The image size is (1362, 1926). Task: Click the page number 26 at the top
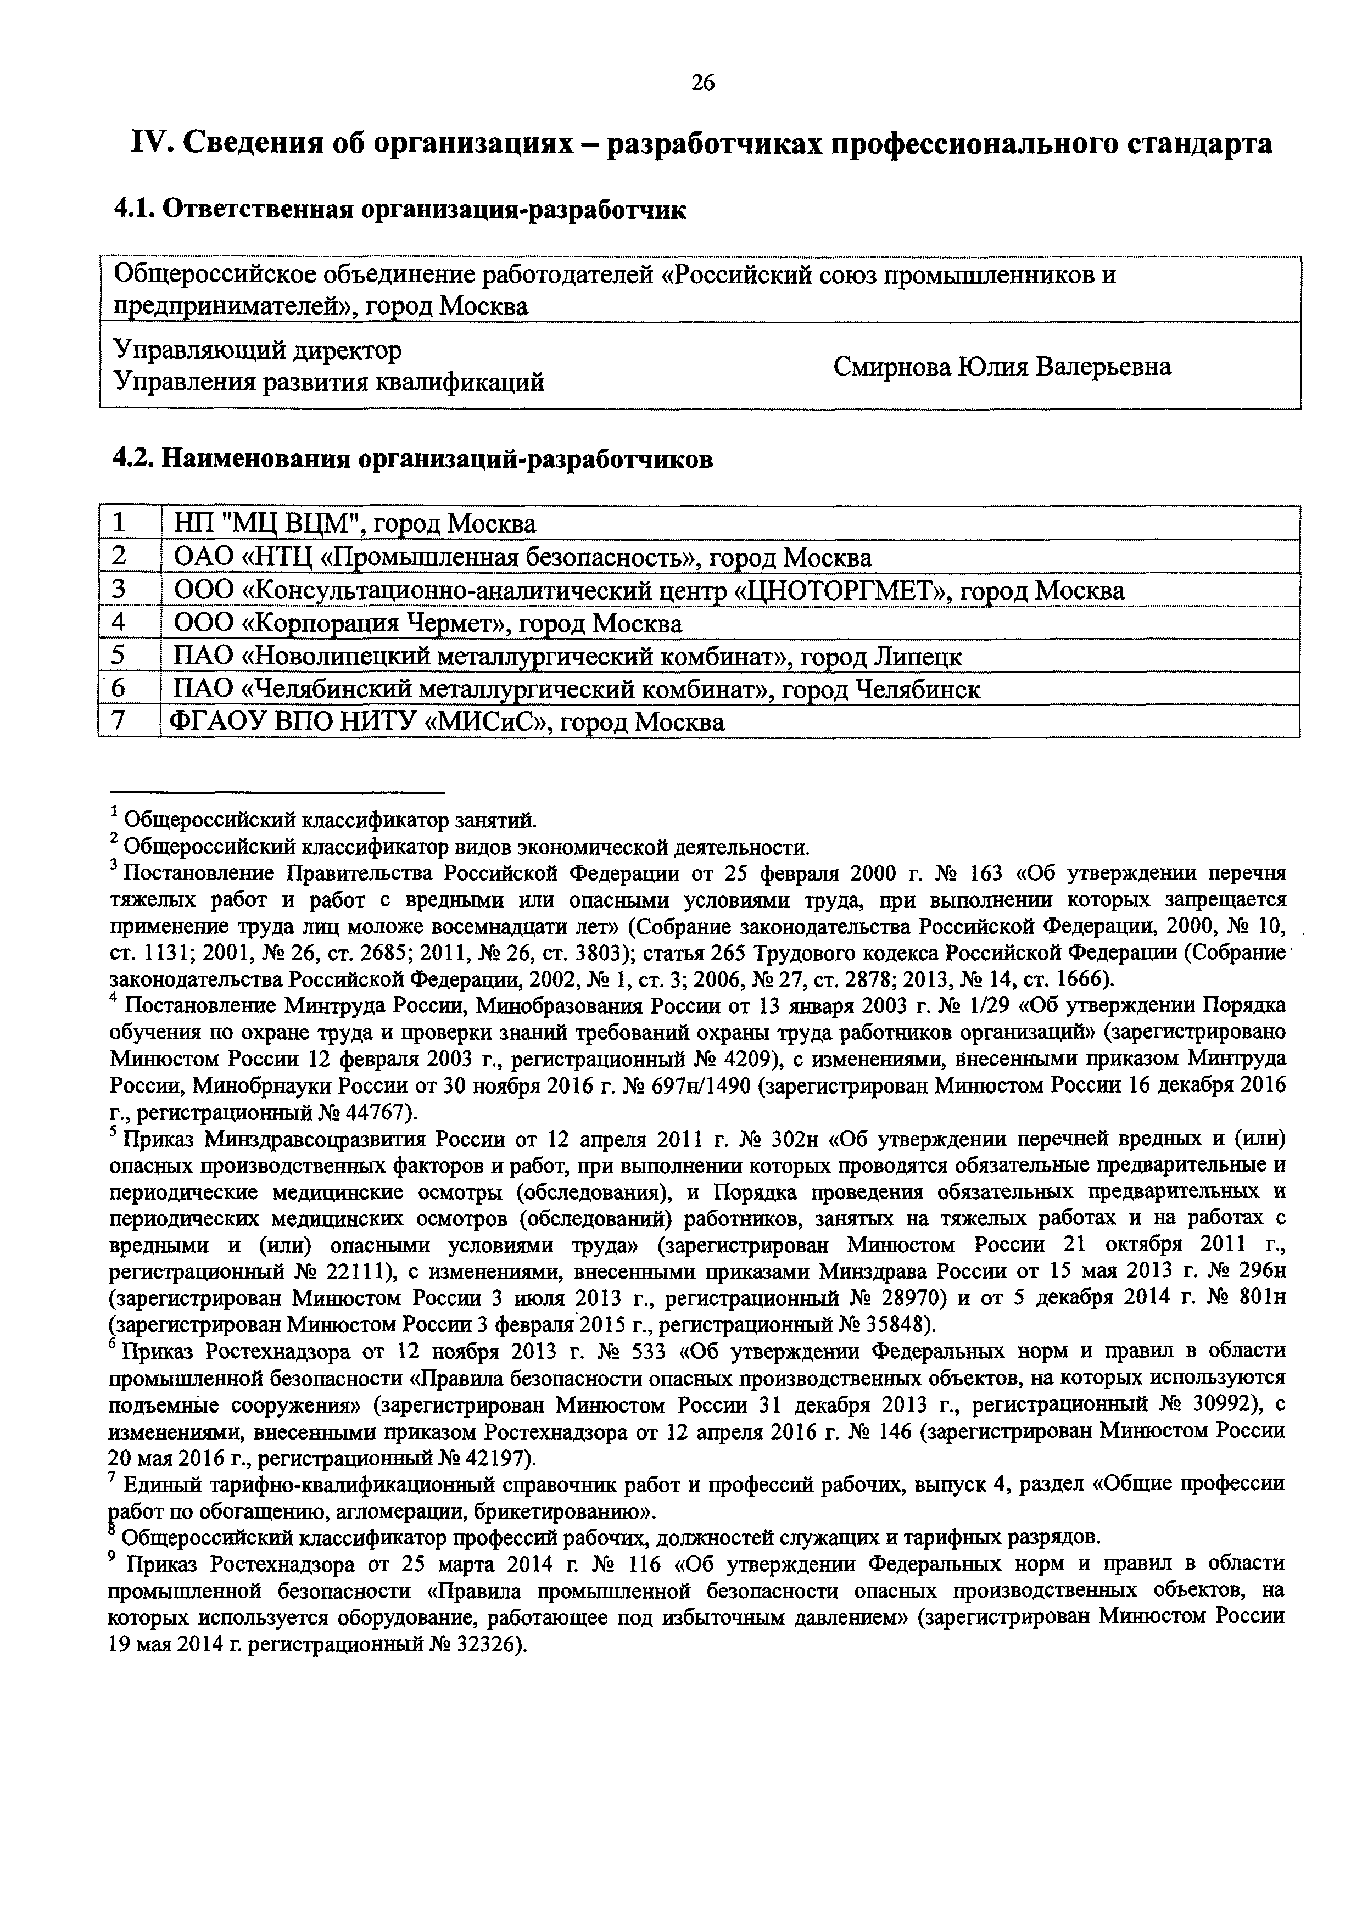[702, 82]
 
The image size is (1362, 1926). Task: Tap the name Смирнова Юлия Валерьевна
[1002, 367]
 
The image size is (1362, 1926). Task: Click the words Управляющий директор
[257, 349]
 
